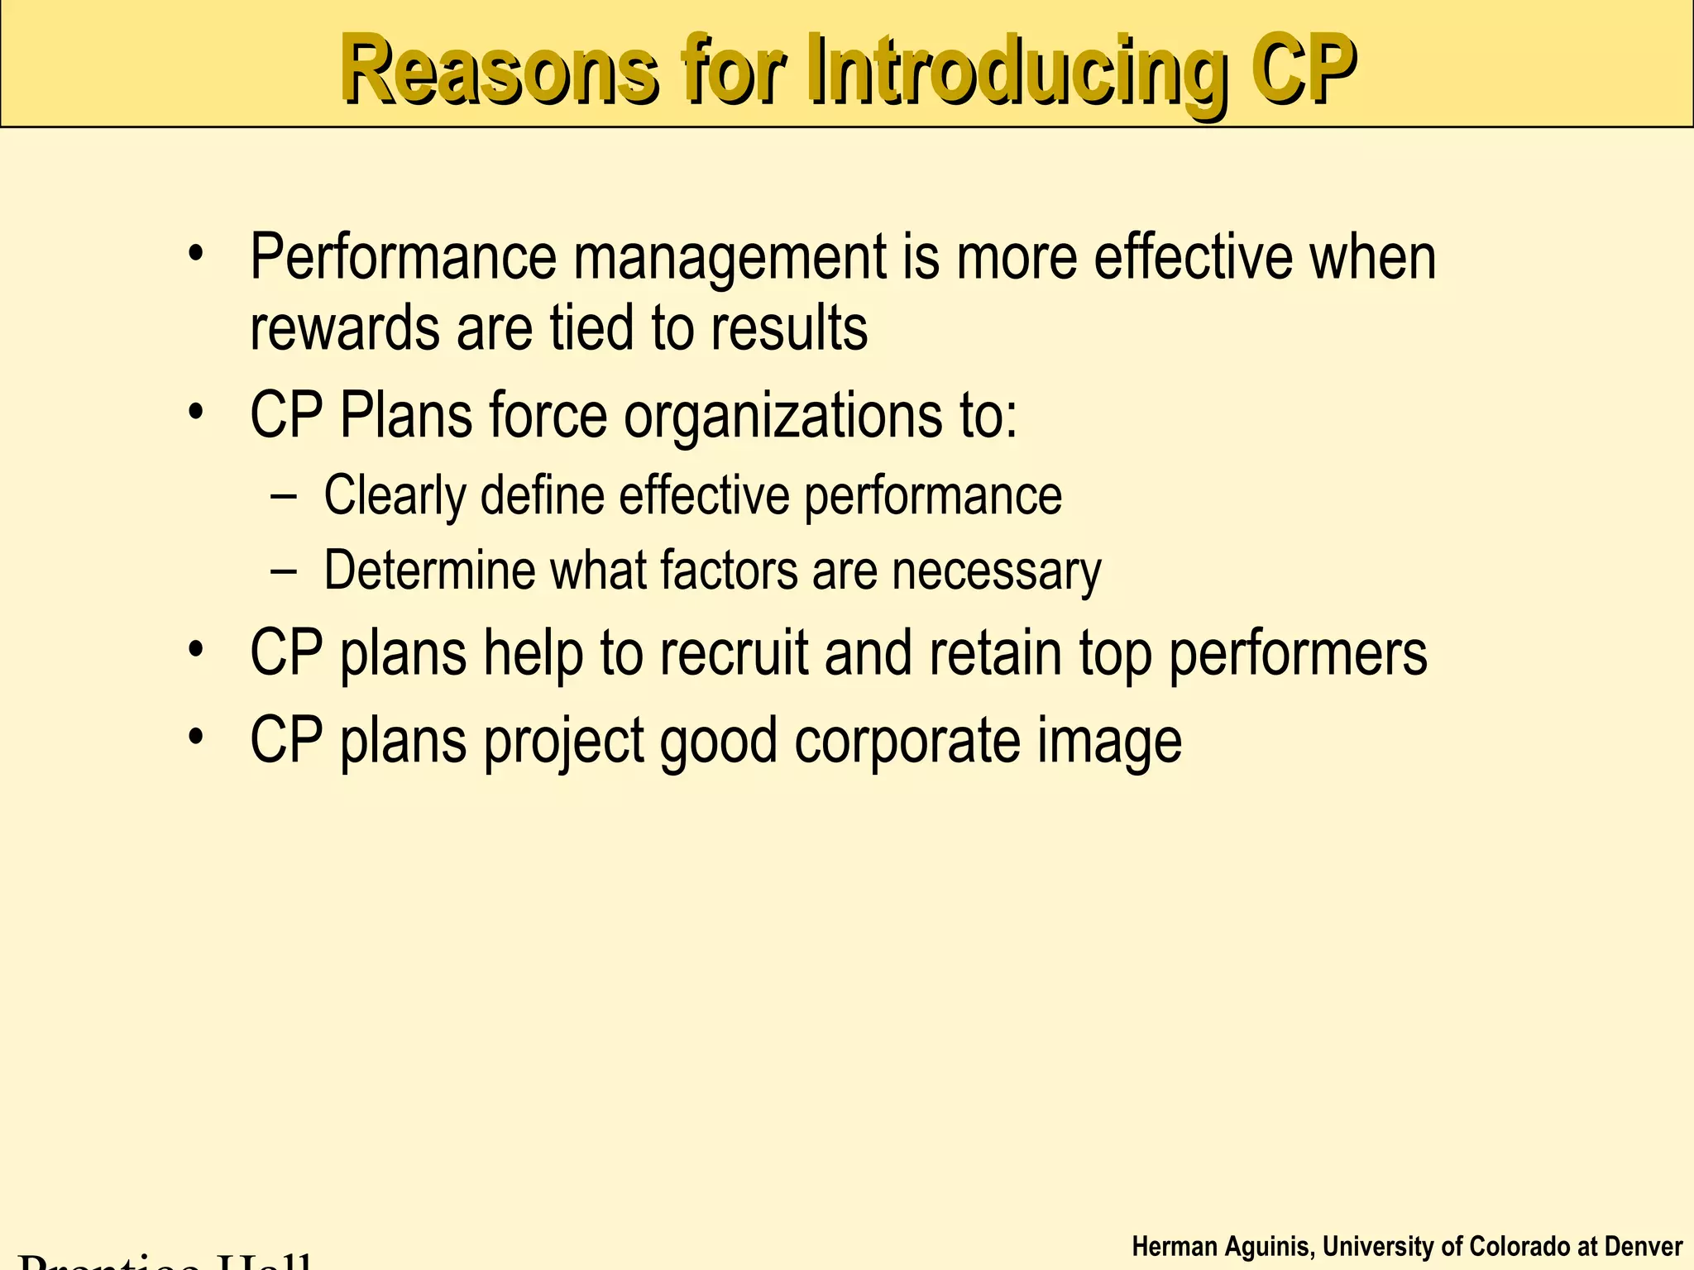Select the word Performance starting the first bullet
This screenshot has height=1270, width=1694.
[x=404, y=258]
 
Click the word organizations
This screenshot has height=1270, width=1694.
[x=782, y=416]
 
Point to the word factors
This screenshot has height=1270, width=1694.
[x=729, y=571]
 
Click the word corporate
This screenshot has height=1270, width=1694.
[x=907, y=742]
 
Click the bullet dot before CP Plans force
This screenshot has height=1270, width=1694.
[x=195, y=411]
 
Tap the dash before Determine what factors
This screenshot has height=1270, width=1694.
[x=284, y=571]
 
